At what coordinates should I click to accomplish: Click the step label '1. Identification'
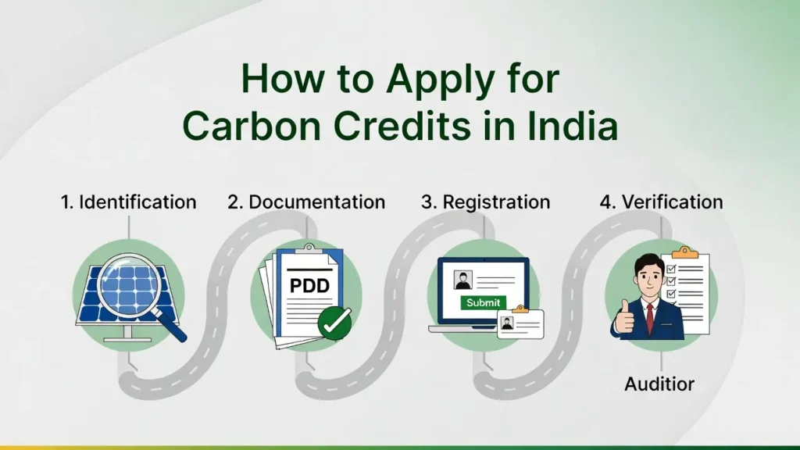[x=129, y=202]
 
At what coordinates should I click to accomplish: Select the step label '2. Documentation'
[x=306, y=202]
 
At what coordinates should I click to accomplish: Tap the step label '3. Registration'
[x=485, y=202]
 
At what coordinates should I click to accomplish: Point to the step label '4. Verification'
[x=661, y=202]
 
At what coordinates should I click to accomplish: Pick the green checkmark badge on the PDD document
[x=334, y=323]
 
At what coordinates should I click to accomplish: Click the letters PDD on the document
[x=309, y=286]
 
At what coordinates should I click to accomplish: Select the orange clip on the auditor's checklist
[x=684, y=252]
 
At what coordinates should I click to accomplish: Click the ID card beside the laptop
[x=519, y=323]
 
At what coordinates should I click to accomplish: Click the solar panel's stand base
[x=127, y=338]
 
